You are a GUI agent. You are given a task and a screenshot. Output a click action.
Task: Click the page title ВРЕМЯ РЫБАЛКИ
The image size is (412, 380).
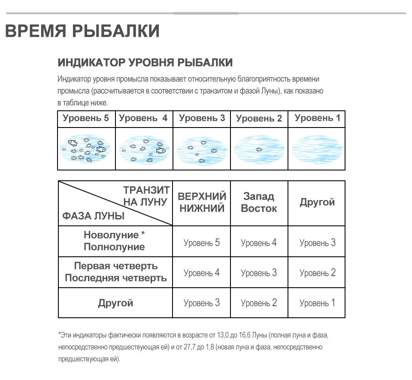coord(82,31)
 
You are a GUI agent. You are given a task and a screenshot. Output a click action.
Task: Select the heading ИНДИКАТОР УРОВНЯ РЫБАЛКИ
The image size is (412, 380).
coord(145,63)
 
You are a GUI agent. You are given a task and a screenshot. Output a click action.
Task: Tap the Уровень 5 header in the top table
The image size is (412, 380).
coord(86,119)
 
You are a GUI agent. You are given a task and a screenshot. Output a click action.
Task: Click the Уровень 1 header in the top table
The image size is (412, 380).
coord(317,119)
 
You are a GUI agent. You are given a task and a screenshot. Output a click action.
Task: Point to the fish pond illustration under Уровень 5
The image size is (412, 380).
coord(86,149)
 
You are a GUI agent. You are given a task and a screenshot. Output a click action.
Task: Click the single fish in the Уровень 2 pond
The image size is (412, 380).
coord(259,149)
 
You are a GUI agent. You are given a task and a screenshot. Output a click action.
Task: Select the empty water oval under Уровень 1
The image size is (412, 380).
coord(317,149)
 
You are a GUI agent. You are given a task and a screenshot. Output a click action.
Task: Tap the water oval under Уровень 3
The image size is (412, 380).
coord(202,149)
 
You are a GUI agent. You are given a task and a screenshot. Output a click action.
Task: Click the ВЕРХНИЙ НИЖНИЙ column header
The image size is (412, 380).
coord(202,203)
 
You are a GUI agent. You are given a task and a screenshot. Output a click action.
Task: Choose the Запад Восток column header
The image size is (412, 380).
coord(259,203)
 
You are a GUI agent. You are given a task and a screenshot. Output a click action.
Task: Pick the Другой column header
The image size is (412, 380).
coord(317,203)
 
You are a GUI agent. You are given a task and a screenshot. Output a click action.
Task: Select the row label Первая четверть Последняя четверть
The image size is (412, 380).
coord(115,272)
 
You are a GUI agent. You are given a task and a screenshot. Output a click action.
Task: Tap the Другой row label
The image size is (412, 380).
coord(115,303)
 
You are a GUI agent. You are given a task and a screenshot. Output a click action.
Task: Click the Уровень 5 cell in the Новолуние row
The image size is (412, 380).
coord(202,243)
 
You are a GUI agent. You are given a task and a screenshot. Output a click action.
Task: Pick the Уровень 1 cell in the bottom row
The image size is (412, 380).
coord(317,303)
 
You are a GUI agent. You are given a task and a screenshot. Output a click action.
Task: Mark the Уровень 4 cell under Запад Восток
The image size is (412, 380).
coord(259,243)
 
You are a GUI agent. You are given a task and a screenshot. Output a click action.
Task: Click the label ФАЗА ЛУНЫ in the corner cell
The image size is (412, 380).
coord(94,216)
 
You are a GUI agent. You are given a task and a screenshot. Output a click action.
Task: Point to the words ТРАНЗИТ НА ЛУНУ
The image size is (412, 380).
coord(146,196)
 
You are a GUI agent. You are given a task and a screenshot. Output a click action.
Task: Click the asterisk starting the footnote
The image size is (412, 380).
coord(59,334)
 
